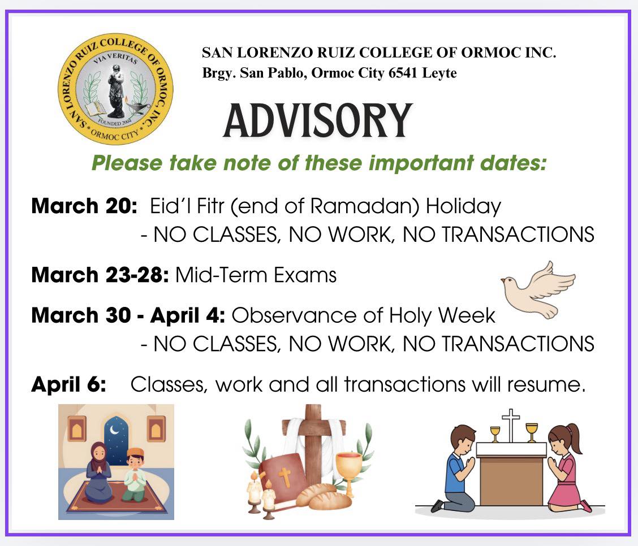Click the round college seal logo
click(x=115, y=89)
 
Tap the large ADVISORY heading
click(x=318, y=121)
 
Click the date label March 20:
click(x=84, y=206)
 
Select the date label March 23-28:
click(x=100, y=275)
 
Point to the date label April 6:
click(x=68, y=385)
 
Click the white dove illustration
click(x=537, y=288)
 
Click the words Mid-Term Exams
click(x=256, y=275)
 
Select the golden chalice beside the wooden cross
click(x=348, y=466)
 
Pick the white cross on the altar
click(x=510, y=424)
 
